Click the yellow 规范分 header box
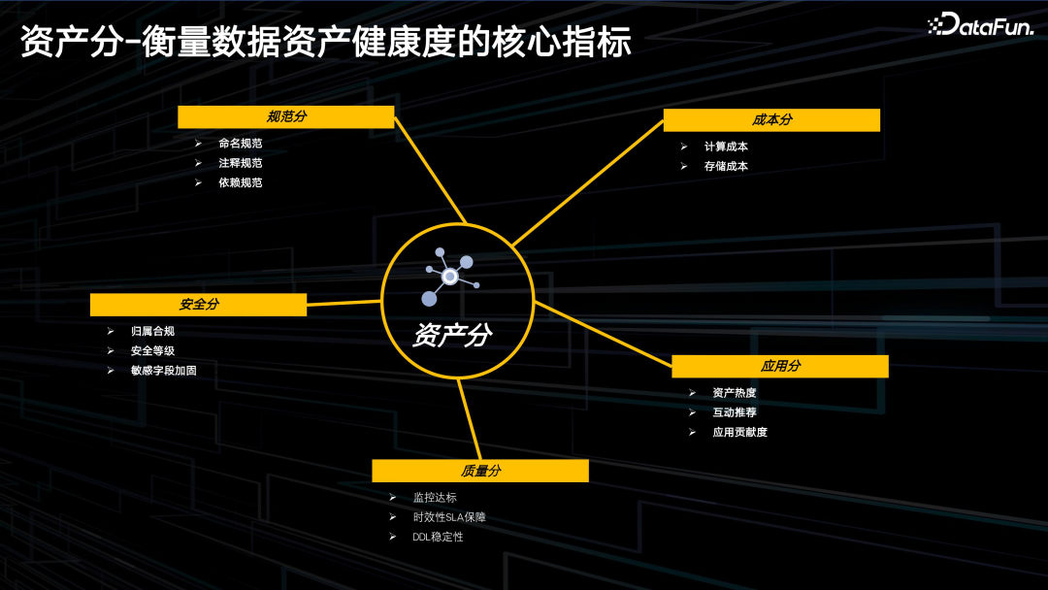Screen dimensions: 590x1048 point(285,117)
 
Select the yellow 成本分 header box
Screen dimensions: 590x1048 point(771,120)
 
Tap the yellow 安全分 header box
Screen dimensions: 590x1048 point(198,305)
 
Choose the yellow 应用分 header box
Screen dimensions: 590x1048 point(780,367)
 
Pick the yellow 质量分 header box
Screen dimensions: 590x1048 point(480,472)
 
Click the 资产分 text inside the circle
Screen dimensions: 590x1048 point(452,336)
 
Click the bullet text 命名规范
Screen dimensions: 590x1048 point(241,144)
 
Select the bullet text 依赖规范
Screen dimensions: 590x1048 point(241,182)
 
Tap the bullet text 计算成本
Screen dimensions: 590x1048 point(726,147)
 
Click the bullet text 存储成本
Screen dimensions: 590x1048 point(726,166)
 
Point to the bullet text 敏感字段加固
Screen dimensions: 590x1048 point(164,370)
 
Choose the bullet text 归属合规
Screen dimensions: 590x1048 point(152,331)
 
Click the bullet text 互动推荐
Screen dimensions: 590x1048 point(735,412)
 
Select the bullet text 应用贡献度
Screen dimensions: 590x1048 point(739,432)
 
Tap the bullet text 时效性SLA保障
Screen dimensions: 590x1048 point(449,517)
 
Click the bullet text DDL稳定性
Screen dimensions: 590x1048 point(438,537)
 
